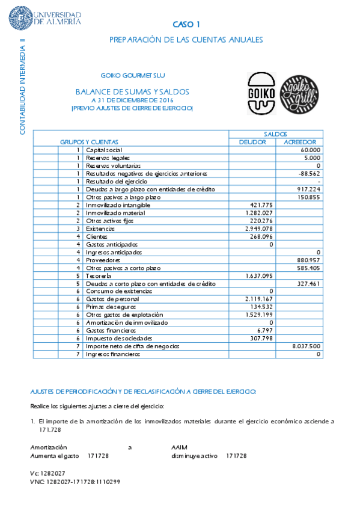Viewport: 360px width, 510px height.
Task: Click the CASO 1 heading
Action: pyautogui.click(x=186, y=25)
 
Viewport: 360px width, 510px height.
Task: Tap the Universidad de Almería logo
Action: pyautogui.click(x=46, y=18)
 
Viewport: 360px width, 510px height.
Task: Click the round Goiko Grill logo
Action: pyautogui.click(x=299, y=93)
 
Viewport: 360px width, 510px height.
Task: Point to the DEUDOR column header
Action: pyautogui.click(x=252, y=142)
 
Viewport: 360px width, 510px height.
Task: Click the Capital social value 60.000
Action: pyautogui.click(x=310, y=150)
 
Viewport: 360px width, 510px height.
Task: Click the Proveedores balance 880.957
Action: pyautogui.click(x=307, y=260)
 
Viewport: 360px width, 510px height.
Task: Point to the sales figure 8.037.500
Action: pyautogui.click(x=306, y=346)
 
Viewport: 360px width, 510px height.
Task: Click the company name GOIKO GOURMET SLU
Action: pyautogui.click(x=133, y=75)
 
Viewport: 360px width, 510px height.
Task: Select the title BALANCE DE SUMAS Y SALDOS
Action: pyautogui.click(x=132, y=91)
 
